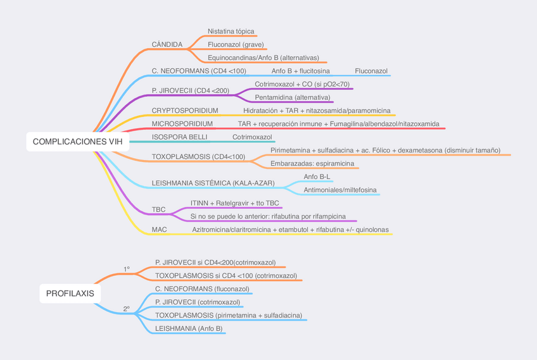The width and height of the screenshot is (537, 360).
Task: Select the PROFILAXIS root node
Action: coord(70,294)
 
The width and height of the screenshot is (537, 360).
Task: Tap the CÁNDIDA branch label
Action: coord(167,45)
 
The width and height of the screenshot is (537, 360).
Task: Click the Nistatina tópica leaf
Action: coord(231,31)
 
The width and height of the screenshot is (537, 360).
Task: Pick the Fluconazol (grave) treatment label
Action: coord(236,45)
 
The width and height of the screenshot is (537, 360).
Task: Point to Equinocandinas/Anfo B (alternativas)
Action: coord(263,58)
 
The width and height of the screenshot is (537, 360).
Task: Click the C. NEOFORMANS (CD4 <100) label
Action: coord(199,71)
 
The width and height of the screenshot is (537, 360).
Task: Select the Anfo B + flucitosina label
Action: coord(300,71)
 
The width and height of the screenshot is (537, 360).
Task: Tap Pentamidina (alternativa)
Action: coord(293,97)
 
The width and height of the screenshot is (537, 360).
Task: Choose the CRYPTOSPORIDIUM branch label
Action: coord(185,111)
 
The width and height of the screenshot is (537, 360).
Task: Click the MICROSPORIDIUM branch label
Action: coord(182,124)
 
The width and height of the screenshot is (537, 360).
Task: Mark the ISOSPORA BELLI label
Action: coord(179,137)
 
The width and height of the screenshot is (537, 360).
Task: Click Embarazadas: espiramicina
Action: coord(312,164)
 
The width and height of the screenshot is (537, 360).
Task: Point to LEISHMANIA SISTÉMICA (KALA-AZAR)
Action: coord(213,183)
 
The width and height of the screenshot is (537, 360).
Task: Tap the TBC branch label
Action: coord(159,209)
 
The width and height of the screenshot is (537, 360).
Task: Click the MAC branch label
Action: coord(160,230)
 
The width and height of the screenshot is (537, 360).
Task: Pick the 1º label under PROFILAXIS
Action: coord(127,269)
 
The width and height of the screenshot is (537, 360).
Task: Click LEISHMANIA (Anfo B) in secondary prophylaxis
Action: coord(189,328)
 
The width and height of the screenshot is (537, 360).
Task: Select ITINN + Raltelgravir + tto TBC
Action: coord(234,203)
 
